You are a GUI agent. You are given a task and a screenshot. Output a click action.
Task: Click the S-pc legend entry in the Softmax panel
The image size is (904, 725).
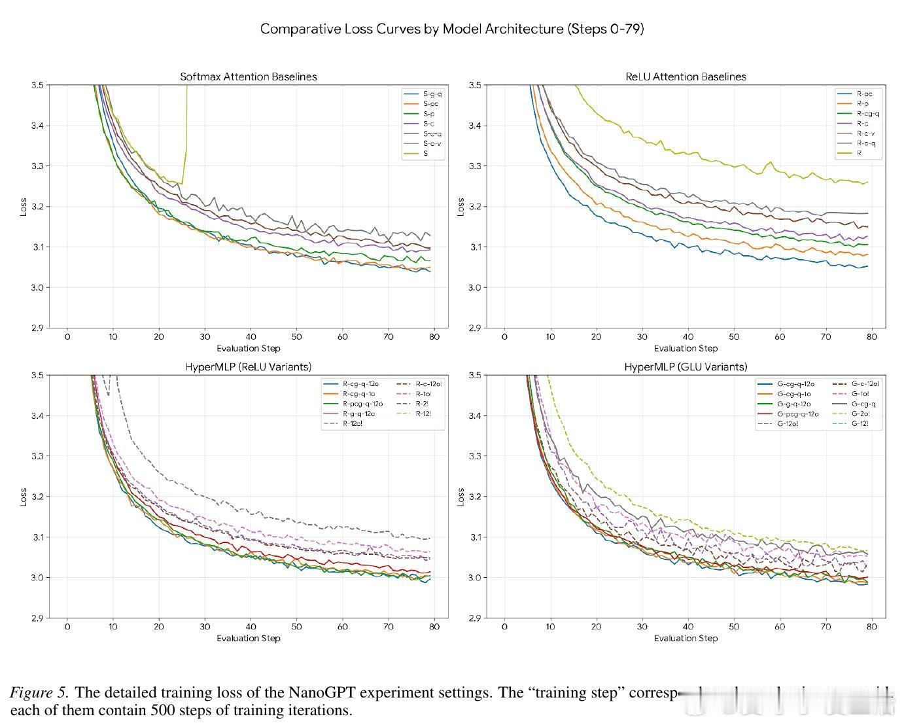[430, 103]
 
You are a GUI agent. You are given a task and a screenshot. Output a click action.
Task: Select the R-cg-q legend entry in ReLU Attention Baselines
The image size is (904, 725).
[868, 113]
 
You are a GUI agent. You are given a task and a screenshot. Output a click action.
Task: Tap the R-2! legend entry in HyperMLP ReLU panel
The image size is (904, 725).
[422, 404]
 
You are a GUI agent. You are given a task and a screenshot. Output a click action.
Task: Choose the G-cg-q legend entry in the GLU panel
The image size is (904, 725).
[863, 404]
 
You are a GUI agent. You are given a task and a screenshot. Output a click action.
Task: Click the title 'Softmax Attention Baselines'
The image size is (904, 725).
[248, 77]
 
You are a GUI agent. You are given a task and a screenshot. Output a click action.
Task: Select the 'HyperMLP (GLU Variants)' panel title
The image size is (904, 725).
[686, 367]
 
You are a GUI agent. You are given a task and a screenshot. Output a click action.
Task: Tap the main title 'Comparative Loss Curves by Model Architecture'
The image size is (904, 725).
[451, 29]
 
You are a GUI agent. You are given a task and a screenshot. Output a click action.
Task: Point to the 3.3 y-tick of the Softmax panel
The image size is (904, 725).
[37, 166]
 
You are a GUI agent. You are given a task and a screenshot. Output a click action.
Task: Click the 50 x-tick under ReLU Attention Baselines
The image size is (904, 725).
[734, 336]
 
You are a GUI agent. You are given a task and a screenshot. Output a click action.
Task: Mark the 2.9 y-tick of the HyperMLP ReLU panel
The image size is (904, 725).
[37, 618]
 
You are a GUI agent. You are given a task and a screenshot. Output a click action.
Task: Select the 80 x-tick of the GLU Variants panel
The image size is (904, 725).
[871, 626]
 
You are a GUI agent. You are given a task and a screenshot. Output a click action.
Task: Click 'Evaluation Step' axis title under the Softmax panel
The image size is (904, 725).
[248, 348]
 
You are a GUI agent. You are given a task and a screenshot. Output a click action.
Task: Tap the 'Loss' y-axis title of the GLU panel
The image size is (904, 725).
[461, 497]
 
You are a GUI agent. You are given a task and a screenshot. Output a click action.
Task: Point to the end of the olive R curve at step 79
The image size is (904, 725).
[867, 182]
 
